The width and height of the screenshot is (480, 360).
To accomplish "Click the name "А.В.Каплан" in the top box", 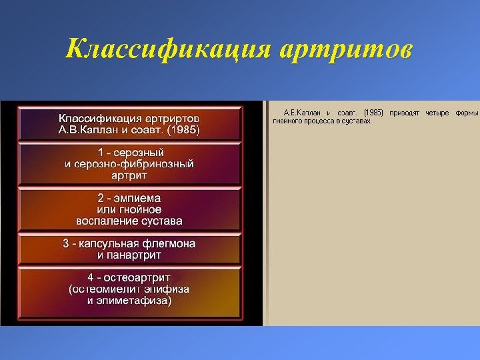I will [86, 129].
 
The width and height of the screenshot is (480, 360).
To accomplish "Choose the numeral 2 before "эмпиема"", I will [100, 198].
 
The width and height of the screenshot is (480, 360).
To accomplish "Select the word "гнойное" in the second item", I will [139, 209].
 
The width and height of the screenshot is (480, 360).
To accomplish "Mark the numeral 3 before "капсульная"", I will [66, 243].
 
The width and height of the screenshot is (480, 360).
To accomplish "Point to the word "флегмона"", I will [172, 243].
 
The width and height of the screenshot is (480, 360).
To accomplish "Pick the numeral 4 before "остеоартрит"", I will [91, 277].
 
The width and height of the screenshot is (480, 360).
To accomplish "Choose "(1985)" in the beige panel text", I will [374, 113].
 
